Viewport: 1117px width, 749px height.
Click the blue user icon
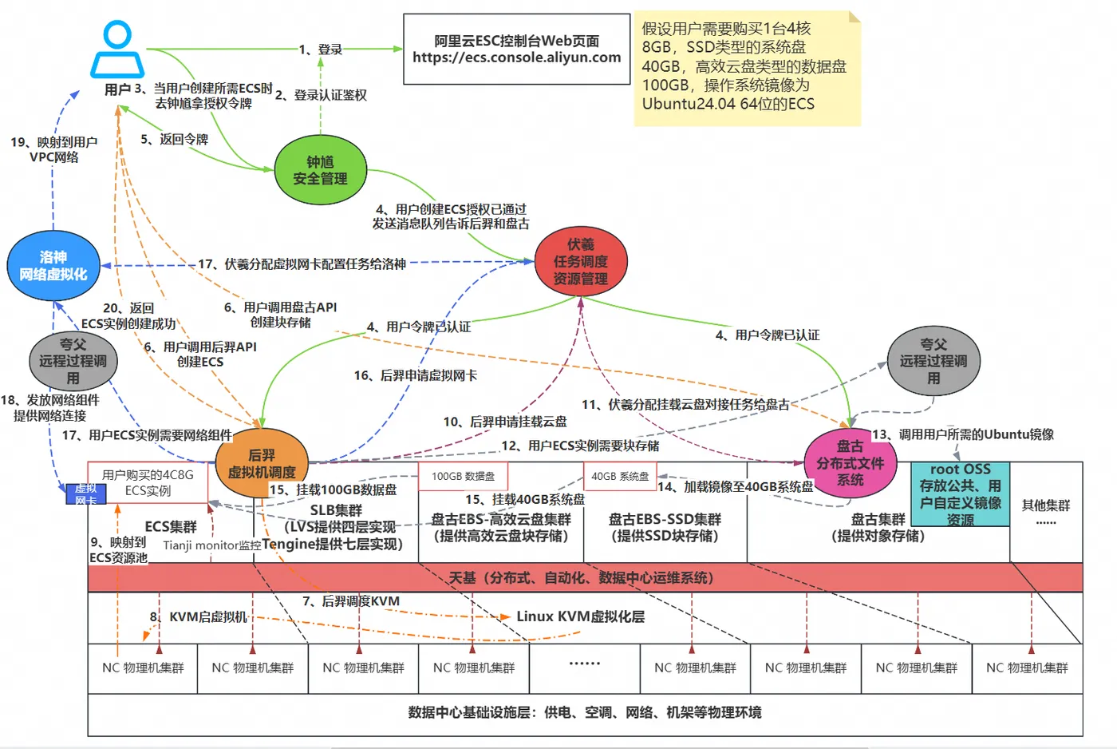coord(117,50)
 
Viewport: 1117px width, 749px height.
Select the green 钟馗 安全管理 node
coord(320,171)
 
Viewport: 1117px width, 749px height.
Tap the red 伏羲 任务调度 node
coord(581,262)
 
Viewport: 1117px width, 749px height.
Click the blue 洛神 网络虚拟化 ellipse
coord(53,266)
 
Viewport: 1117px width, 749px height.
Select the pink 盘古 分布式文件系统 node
coord(850,463)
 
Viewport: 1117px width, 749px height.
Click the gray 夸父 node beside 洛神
coord(73,361)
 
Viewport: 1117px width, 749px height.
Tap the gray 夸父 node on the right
coord(933,361)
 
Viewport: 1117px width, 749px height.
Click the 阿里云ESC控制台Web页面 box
coord(516,50)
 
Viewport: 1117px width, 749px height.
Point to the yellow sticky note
coord(747,68)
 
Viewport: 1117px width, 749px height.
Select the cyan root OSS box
coord(961,494)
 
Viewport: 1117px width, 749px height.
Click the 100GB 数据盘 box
coord(464,477)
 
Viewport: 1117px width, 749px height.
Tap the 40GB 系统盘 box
coord(620,477)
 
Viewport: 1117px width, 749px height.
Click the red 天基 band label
coord(581,577)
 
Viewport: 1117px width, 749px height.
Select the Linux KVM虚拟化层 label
coord(580,616)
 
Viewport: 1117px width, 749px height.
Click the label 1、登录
coord(321,50)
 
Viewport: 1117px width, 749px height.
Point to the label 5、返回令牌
coord(174,139)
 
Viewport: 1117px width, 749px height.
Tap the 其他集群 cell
coord(1045,511)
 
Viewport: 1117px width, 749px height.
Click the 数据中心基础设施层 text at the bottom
coord(584,712)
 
